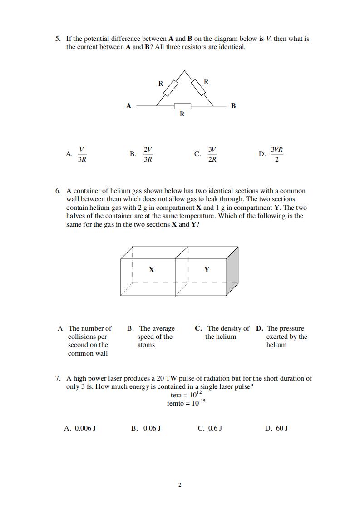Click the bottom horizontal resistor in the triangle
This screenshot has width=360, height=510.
click(182, 106)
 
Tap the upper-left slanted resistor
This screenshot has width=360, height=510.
click(170, 89)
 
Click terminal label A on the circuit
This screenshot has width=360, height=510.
click(128, 106)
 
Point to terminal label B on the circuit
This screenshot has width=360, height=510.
click(233, 106)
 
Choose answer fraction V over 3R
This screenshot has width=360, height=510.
click(82, 154)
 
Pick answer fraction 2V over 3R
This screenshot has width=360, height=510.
click(148, 154)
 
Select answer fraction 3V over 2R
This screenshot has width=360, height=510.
click(212, 154)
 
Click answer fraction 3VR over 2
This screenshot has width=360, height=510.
click(277, 154)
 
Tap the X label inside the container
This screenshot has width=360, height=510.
click(152, 270)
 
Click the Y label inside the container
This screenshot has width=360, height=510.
click(207, 270)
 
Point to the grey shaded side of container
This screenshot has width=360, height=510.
click(232, 272)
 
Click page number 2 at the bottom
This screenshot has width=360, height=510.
click(180, 485)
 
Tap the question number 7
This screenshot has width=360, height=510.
click(58, 378)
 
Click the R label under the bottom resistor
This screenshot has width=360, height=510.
click(182, 114)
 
